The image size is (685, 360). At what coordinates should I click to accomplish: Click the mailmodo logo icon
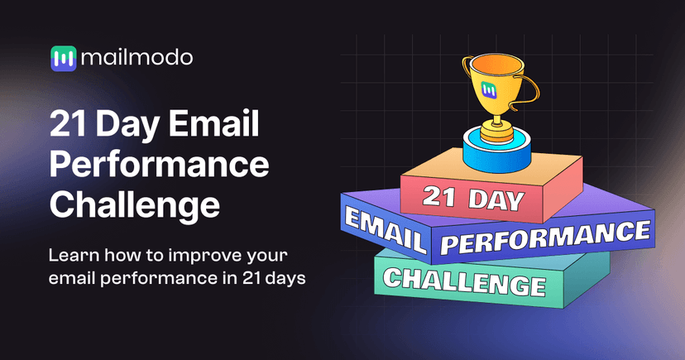coord(63,57)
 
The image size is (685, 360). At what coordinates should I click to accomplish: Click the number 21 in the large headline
coord(66,126)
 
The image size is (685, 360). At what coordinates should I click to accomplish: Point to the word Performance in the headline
coord(159,165)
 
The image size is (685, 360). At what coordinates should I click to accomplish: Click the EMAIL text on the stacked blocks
coord(384,229)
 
